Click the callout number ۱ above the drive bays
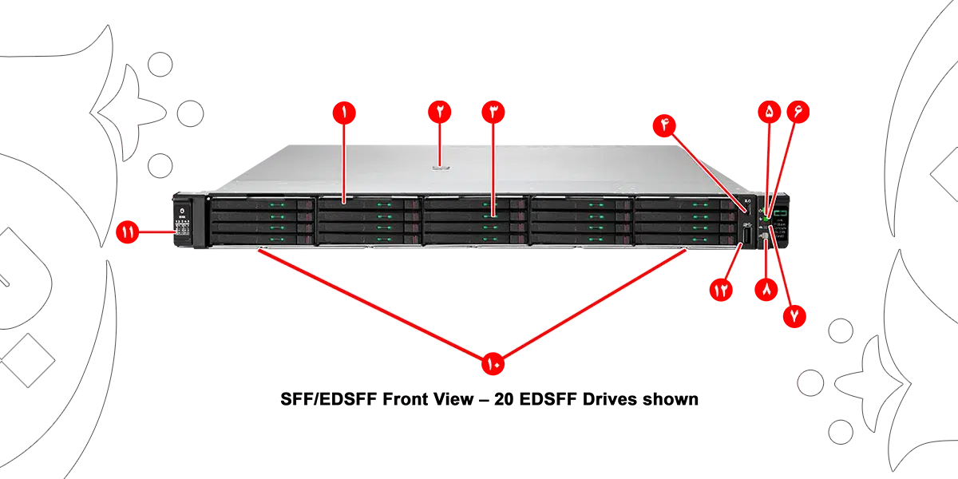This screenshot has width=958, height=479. tap(344, 113)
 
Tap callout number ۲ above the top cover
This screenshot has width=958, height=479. tap(440, 113)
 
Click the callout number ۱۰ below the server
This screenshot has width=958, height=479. tap(490, 365)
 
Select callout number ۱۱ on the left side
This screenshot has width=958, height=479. tap(128, 232)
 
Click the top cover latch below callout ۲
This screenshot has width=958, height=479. tap(441, 167)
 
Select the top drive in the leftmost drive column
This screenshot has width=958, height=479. tap(261, 205)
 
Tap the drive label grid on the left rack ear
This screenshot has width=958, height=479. tap(182, 230)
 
